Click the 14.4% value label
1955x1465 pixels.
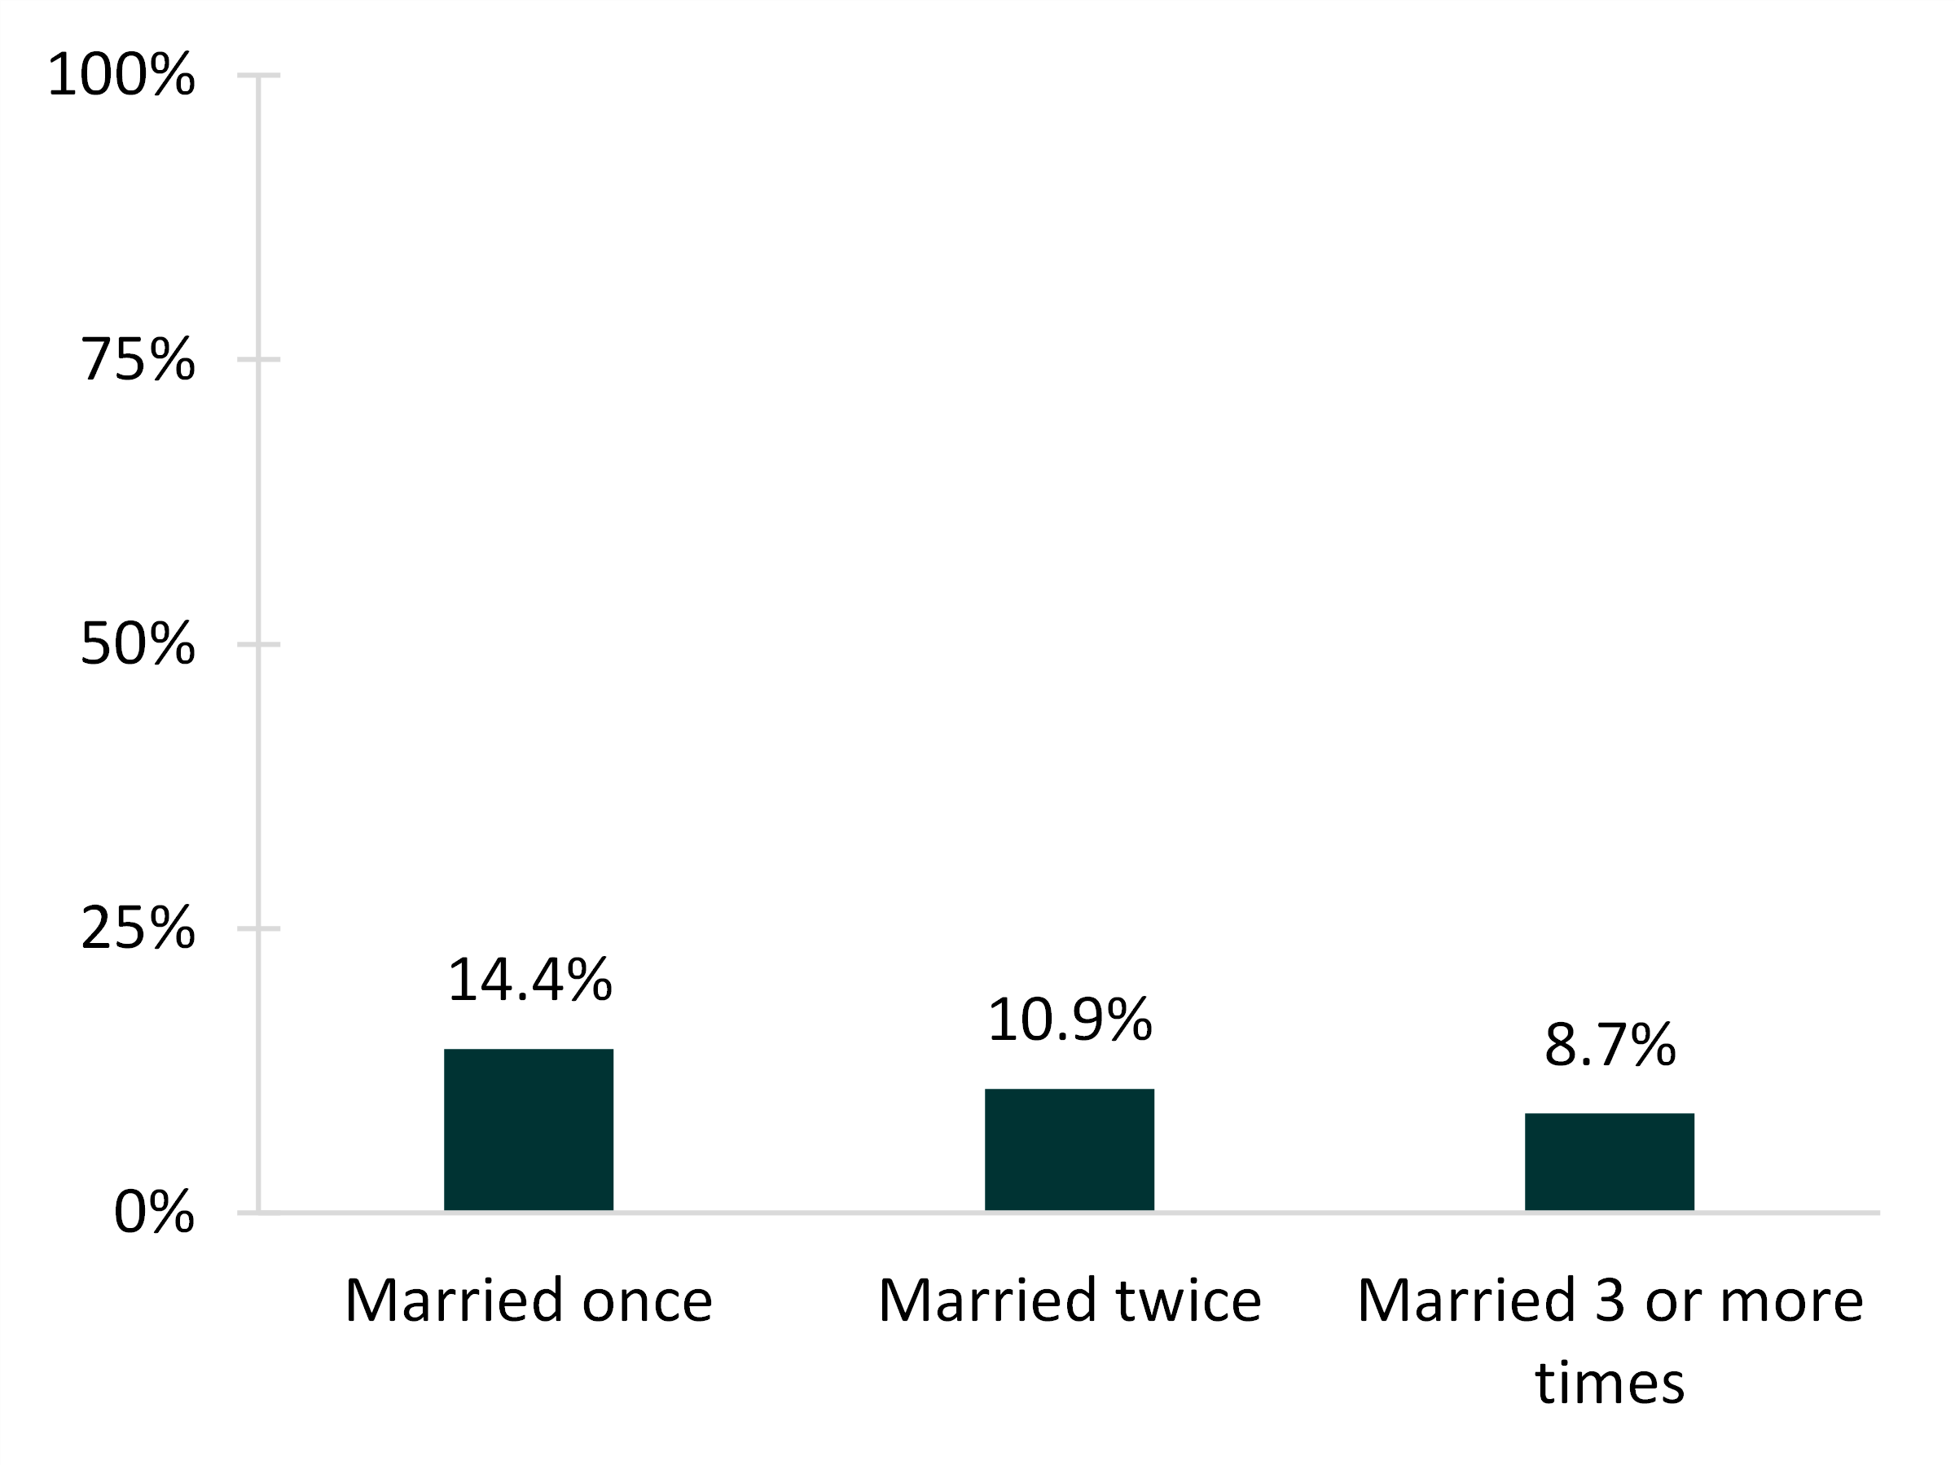(x=529, y=980)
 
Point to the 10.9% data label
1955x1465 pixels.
(x=1070, y=1020)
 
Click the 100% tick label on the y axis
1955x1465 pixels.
(x=121, y=75)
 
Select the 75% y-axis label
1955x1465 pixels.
(x=137, y=360)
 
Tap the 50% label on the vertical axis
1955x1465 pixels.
(x=137, y=644)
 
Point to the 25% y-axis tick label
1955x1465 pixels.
(x=137, y=928)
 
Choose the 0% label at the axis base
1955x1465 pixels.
(x=154, y=1213)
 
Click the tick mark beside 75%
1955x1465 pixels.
(x=257, y=360)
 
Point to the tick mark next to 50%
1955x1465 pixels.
(x=257, y=644)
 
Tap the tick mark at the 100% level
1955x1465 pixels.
(x=257, y=75)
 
